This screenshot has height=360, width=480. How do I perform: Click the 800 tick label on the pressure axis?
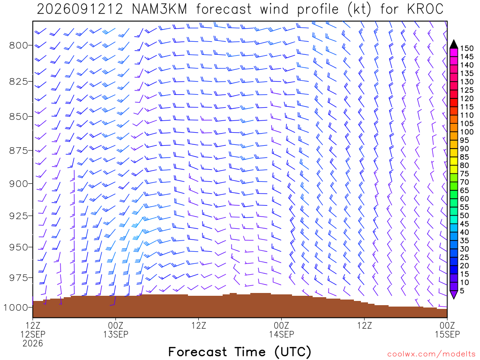[x=18, y=45]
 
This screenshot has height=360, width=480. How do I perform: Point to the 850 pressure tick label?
[x=18, y=117]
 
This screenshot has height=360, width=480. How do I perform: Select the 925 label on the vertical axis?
[x=18, y=216]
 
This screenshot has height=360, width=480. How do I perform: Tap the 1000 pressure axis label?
[x=15, y=307]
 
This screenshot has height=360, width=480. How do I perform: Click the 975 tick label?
[x=18, y=277]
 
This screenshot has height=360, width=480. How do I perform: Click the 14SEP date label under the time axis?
[x=281, y=334]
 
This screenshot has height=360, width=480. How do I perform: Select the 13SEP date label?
[x=115, y=334]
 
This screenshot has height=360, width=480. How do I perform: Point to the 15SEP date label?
[x=447, y=334]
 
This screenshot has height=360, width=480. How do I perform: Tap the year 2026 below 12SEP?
[x=33, y=343]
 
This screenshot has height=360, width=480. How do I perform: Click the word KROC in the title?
[x=425, y=9]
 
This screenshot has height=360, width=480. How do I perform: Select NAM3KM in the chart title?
[x=159, y=9]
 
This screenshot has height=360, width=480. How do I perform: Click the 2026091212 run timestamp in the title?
[x=80, y=9]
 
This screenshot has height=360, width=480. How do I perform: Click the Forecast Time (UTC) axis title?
[x=240, y=352]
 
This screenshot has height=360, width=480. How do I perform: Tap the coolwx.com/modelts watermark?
[x=431, y=354]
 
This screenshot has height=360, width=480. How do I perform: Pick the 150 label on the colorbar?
[x=467, y=48]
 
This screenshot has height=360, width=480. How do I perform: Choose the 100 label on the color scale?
[x=467, y=132]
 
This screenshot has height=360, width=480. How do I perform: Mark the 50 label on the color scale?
[x=465, y=216]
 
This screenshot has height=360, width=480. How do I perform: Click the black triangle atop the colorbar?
[x=454, y=45]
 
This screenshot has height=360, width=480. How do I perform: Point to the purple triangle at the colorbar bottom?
[x=454, y=294]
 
